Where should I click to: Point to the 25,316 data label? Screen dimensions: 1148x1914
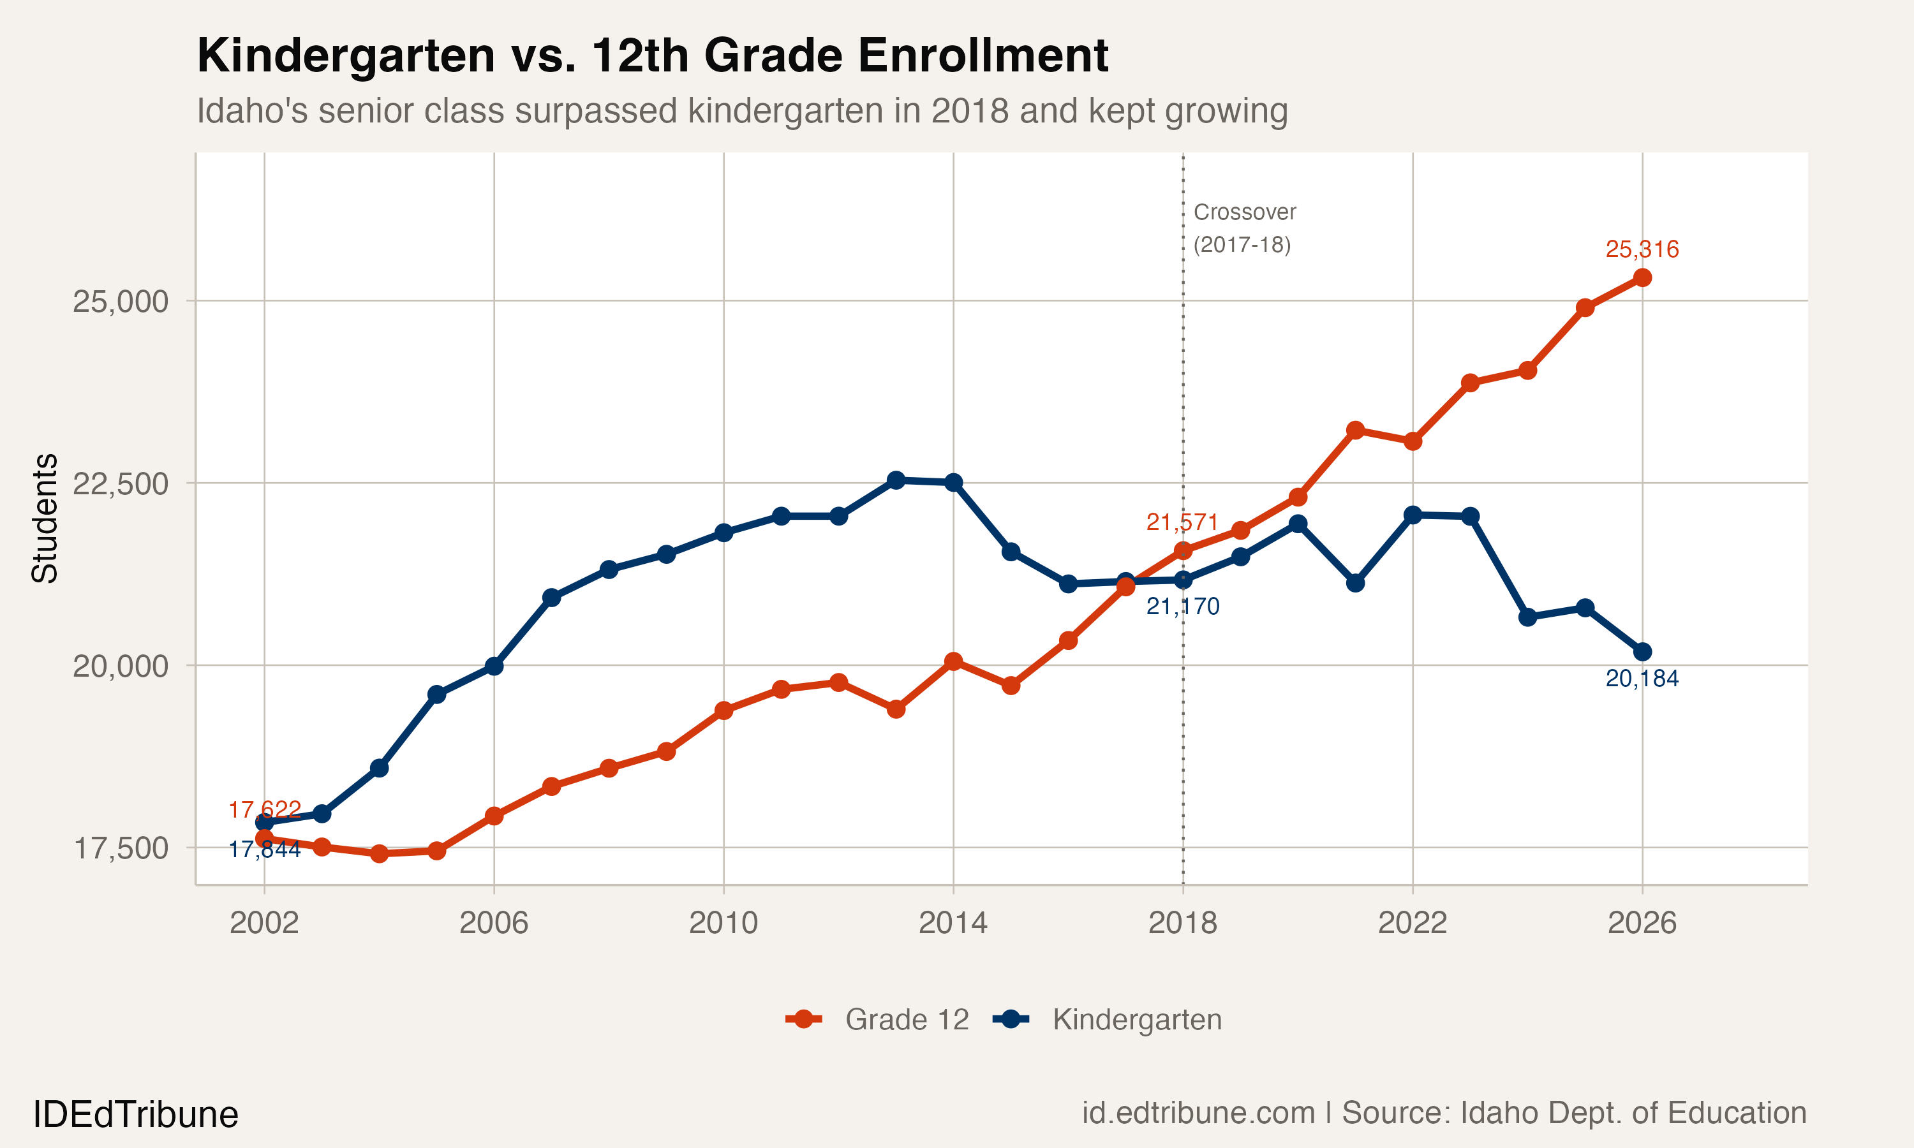pos(1642,249)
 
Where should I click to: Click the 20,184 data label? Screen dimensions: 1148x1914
pos(1642,679)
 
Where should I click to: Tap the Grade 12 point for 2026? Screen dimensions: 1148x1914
pos(1642,277)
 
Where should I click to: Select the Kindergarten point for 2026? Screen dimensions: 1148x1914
pos(1642,652)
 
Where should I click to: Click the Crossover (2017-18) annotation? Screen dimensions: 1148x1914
pos(1243,228)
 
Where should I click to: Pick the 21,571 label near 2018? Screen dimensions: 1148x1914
pos(1182,522)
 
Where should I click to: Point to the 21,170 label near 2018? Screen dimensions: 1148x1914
pos(1182,607)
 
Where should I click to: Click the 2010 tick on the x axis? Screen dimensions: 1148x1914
pos(723,923)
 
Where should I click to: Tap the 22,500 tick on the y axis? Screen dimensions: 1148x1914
pos(120,483)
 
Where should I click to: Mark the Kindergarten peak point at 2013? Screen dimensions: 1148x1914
pos(896,480)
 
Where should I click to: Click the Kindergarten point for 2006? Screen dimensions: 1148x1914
pos(494,666)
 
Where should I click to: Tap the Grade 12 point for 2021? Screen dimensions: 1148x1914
pos(1354,430)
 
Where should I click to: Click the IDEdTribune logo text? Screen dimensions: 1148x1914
pos(135,1115)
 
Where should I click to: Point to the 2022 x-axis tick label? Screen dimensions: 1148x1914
pos(1412,923)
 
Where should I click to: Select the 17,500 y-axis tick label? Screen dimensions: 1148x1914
pos(120,848)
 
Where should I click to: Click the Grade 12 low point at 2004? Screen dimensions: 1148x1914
pos(379,853)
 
